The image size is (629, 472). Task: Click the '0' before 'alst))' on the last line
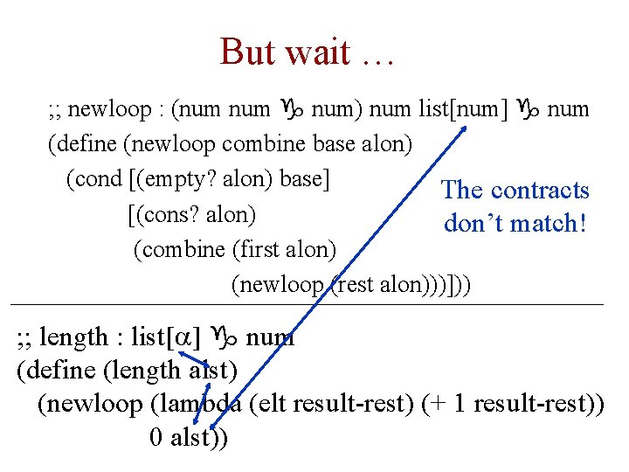click(156, 438)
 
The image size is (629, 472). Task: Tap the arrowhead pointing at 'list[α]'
click(185, 353)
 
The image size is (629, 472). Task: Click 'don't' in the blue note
click(477, 223)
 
